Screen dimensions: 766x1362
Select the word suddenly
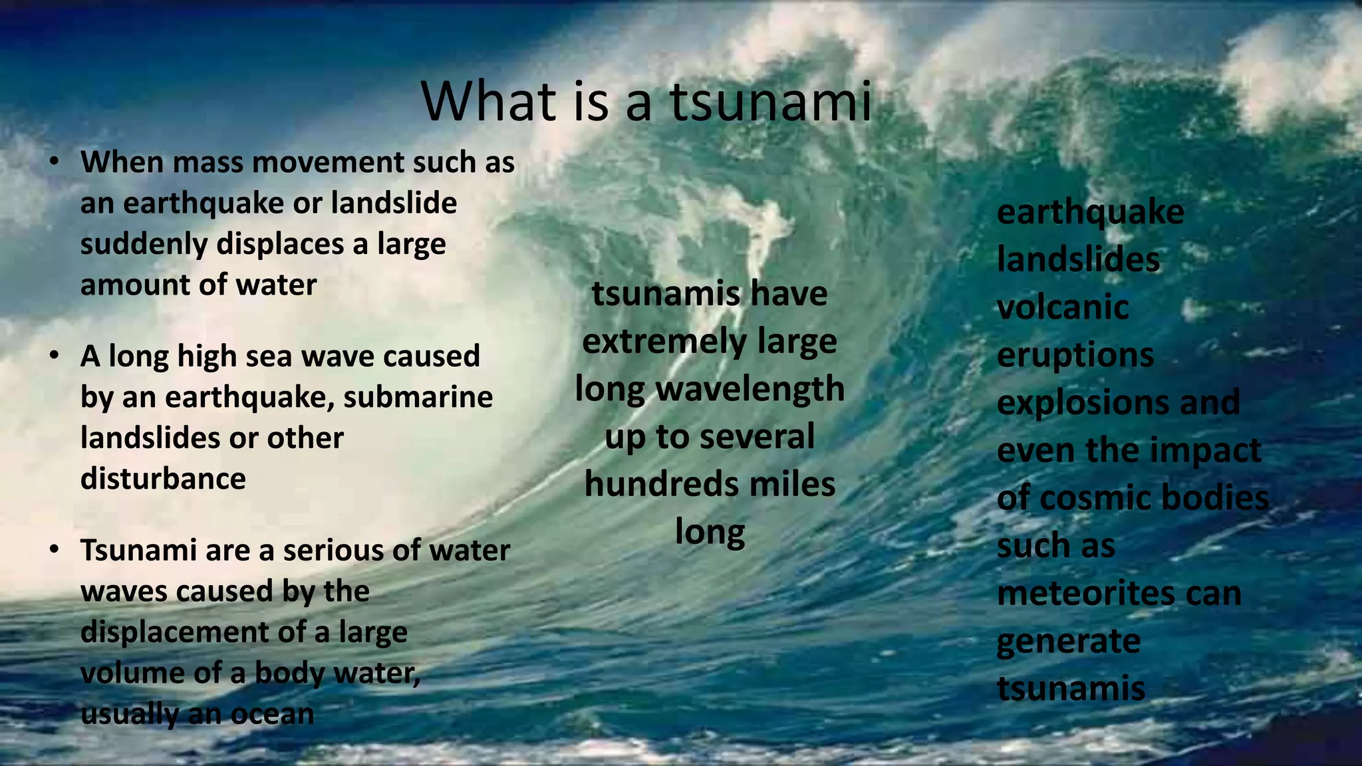pyautogui.click(x=144, y=245)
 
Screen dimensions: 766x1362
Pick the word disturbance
pyautogui.click(x=163, y=479)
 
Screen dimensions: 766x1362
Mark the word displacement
pyautogui.click(x=174, y=632)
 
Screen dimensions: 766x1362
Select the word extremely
pyautogui.click(x=664, y=342)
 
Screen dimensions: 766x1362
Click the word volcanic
pyautogui.click(x=1063, y=308)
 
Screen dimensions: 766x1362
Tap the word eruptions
pyautogui.click(x=1075, y=356)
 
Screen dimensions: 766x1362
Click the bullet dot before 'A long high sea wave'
pyautogui.click(x=55, y=355)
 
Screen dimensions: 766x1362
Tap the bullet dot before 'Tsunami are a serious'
pyautogui.click(x=55, y=549)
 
